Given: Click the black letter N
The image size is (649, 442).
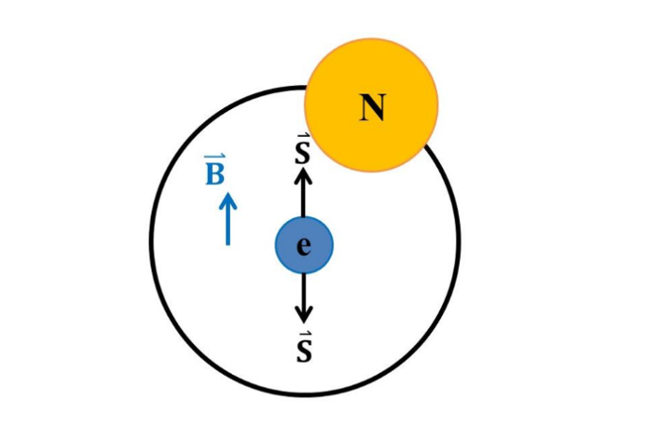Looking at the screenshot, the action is pos(372,107).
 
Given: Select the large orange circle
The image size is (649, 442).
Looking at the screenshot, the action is pos(371,105).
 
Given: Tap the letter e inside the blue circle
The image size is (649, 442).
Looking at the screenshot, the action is pos(304,247).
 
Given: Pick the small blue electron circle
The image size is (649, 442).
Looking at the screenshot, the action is pos(304,245).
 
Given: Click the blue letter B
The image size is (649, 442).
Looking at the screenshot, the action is pos(214,173).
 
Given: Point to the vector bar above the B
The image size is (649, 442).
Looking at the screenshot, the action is pos(215,157).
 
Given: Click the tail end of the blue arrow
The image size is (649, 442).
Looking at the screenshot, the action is pos(228,245).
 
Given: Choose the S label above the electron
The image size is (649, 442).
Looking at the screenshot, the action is pos(303,153).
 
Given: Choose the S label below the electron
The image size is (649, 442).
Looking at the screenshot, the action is pos(304,352).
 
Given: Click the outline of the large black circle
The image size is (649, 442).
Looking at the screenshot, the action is pos(151,242).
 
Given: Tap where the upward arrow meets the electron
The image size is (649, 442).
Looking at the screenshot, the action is pos(304,216).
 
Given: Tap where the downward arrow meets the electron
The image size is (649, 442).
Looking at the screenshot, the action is pos(304,274).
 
